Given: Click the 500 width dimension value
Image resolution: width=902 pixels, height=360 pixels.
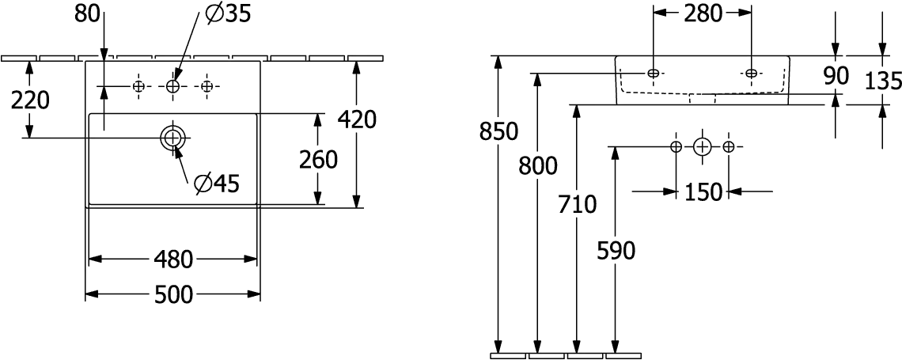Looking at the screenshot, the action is pos(173,294).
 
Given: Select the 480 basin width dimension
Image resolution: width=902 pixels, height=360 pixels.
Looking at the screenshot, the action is pos(173,260).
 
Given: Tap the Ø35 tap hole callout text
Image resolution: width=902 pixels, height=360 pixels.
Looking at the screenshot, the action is pos(228,13).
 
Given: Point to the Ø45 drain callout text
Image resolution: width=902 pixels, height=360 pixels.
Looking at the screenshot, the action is pos(216,184).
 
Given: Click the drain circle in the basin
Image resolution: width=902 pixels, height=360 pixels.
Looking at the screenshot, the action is pos(172,138).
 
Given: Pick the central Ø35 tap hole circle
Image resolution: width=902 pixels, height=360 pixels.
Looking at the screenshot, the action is pos(173,86).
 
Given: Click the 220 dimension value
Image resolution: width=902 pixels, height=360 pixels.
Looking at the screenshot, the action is pos(31,100).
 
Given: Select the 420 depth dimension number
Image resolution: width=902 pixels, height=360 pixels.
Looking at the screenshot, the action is pos(357,119).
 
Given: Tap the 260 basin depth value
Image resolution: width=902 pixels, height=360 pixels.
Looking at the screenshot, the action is pos(318,160).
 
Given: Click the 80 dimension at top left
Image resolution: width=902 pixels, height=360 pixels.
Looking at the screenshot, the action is pos(88,14).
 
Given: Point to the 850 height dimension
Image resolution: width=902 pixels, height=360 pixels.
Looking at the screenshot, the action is pos(499,131).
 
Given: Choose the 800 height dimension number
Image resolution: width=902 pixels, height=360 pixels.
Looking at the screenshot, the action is pos(538,166).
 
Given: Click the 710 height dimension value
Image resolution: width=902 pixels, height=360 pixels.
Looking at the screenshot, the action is pos(578,204).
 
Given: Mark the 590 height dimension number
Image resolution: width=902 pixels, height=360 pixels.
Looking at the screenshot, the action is pos(616,251).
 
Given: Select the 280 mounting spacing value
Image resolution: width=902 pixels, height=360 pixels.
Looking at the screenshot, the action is pos(703,14).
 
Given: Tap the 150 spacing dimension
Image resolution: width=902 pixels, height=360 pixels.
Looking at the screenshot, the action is pos(703,192).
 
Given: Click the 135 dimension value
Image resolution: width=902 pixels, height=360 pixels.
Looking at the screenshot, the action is pos(883,82).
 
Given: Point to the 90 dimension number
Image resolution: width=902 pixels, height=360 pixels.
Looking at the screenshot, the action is pos(836,76).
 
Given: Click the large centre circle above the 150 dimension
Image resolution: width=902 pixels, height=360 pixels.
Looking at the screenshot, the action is pos(702,146).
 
